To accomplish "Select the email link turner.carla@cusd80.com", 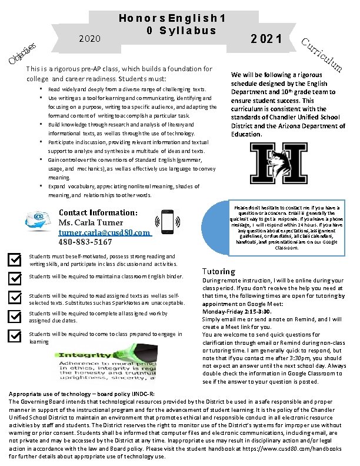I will click(x=104, y=232).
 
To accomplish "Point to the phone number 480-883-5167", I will click(x=85, y=242).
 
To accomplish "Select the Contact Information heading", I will click(x=98, y=212).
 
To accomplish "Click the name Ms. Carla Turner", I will click(x=91, y=222).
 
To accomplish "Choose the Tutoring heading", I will click(x=218, y=271).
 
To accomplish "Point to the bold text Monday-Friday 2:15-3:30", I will click(x=236, y=310).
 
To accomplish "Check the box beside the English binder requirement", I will click(x=14, y=277).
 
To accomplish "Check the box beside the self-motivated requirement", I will click(x=14, y=259).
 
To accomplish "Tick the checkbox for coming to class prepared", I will click(x=14, y=336).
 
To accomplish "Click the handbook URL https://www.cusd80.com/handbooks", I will click(x=294, y=449).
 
